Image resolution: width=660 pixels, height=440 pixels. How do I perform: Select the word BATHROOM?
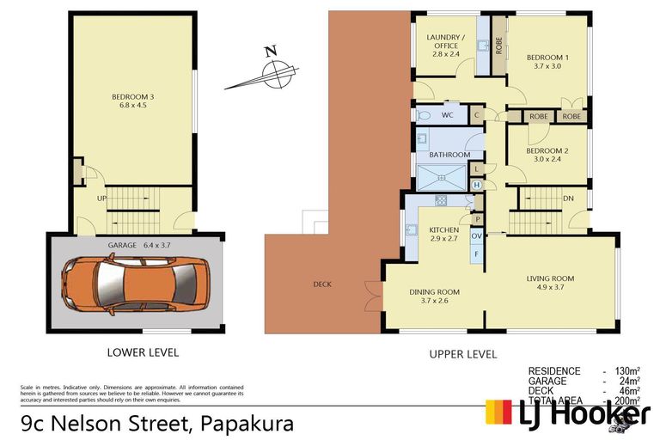click(450, 155)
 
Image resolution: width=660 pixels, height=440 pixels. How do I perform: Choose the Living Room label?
click(550, 278)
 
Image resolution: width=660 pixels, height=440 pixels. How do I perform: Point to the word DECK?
click(322, 284)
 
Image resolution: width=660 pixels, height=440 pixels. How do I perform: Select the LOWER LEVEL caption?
click(143, 352)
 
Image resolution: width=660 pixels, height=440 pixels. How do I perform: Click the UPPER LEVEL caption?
click(463, 353)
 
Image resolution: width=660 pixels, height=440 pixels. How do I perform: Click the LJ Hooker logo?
click(568, 414)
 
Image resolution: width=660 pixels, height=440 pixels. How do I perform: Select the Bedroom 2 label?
click(548, 150)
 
